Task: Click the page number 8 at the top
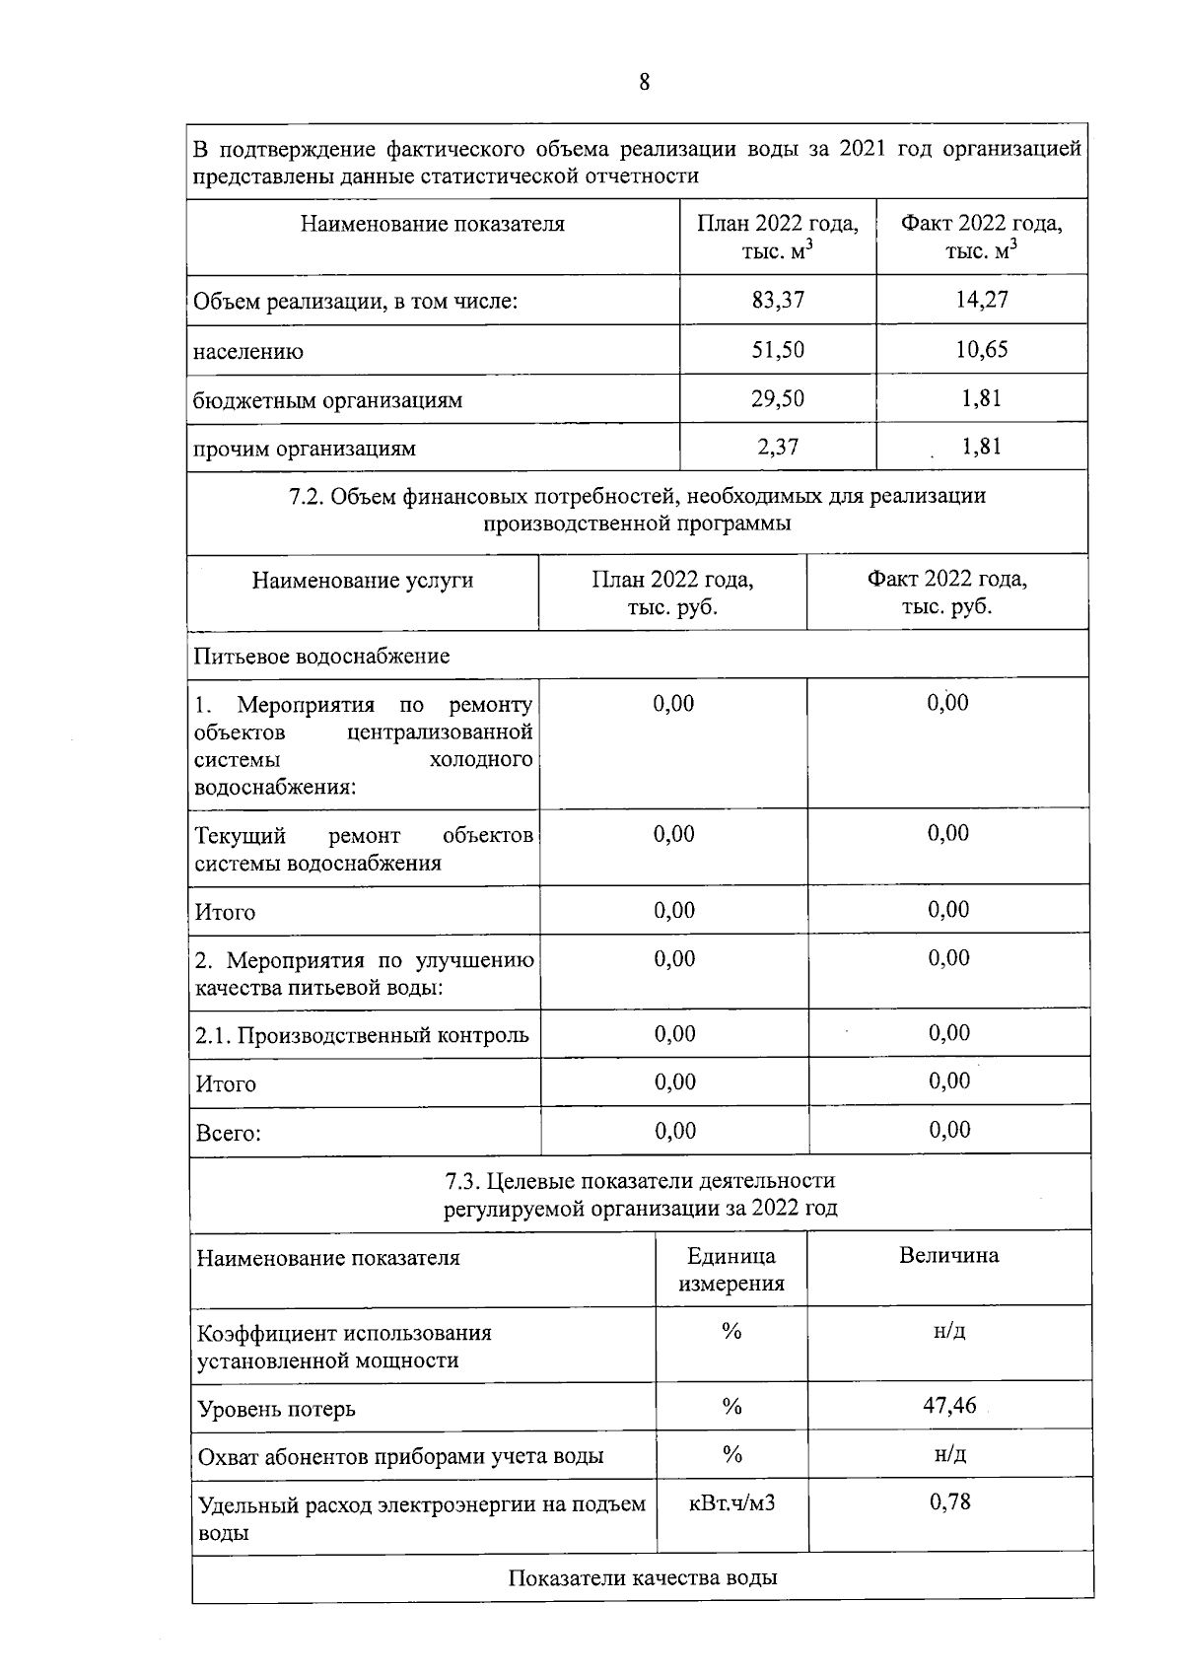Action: click(x=644, y=83)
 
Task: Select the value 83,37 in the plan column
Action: click(x=778, y=300)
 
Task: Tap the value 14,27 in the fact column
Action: click(x=982, y=300)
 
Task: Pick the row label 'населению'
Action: click(x=248, y=352)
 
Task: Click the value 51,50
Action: click(x=778, y=350)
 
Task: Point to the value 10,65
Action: click(x=982, y=349)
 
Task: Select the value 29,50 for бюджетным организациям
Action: click(x=778, y=398)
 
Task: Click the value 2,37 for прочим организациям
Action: click(x=778, y=447)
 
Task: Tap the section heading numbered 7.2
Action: click(x=637, y=509)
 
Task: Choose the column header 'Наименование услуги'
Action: click(x=363, y=581)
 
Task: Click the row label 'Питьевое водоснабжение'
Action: click(x=321, y=657)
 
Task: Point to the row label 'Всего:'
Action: click(x=228, y=1134)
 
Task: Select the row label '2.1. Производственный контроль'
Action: click(x=362, y=1036)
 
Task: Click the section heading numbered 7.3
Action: click(x=640, y=1194)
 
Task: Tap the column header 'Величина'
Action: click(x=948, y=1256)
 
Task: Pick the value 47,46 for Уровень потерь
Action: click(x=949, y=1406)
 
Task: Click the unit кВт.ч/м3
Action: click(x=731, y=1503)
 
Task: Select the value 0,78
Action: click(x=949, y=1502)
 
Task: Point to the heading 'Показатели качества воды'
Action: click(x=643, y=1578)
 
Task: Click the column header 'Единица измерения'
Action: click(x=731, y=1270)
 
